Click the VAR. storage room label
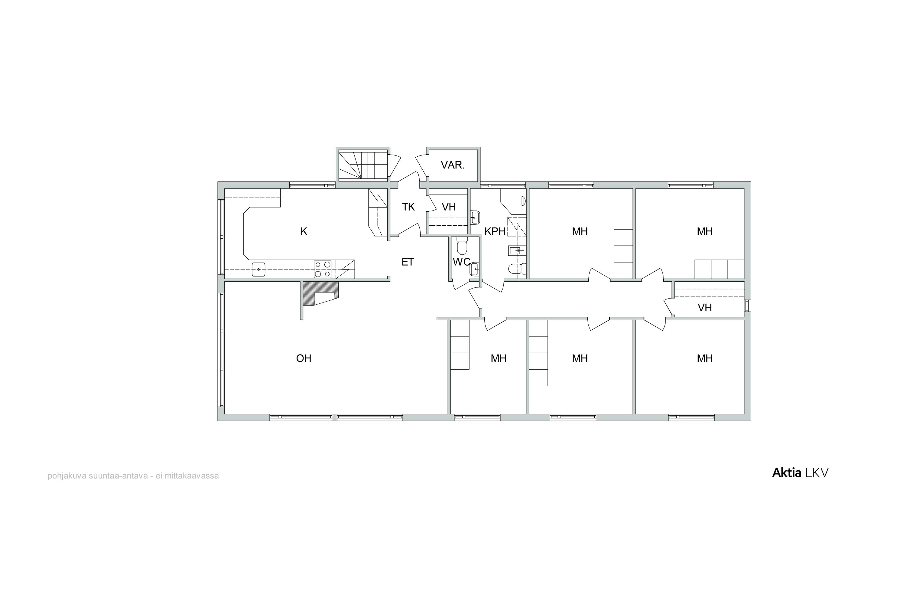[x=453, y=165]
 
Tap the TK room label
[x=408, y=207]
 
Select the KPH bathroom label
[x=495, y=231]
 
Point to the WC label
[x=461, y=262]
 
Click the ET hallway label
[x=408, y=262]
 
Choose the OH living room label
[x=304, y=358]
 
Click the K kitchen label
[x=304, y=231]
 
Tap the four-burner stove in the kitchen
[x=323, y=269]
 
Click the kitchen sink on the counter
[x=259, y=269]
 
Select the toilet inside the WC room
[x=462, y=245]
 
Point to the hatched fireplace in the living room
[x=321, y=293]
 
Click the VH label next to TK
[x=449, y=207]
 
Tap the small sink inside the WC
[x=474, y=269]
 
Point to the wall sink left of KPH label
[x=475, y=217]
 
